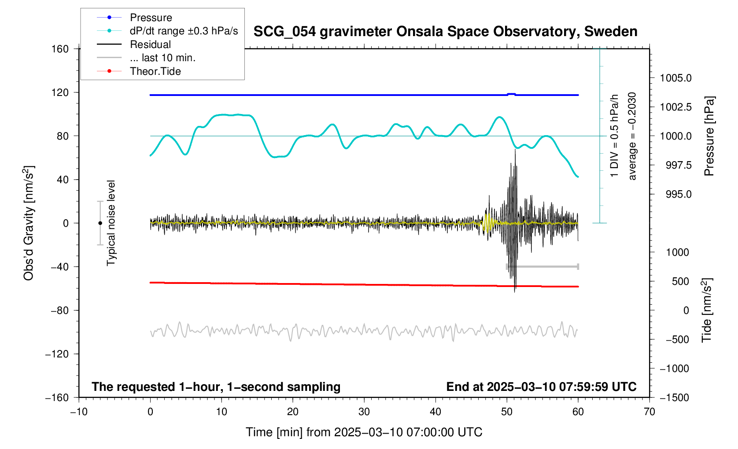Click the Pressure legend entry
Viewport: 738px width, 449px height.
pos(151,18)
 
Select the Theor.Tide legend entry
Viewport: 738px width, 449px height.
pos(155,71)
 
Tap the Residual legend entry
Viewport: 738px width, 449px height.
pos(150,44)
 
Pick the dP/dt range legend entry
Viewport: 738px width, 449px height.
pos(184,31)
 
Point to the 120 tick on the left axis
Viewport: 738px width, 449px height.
pos(60,92)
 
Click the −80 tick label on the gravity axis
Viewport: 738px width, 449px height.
pos(57,310)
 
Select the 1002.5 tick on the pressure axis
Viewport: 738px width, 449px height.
pos(675,107)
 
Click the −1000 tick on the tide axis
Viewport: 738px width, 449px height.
pos(674,368)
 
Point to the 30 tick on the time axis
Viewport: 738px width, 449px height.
pos(364,412)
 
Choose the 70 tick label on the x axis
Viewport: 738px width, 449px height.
pos(649,412)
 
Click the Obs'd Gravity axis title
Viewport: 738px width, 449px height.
pos(29,223)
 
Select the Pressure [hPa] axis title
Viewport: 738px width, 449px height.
pos(709,136)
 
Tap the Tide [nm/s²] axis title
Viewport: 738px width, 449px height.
pos(707,310)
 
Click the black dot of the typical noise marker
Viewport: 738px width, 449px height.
pos(100,223)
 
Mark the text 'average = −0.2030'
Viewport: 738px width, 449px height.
pos(632,136)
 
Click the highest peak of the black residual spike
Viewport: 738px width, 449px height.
pos(515,150)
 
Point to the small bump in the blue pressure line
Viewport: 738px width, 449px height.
pos(511,94)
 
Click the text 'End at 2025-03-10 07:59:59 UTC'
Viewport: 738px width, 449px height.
pos(541,387)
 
